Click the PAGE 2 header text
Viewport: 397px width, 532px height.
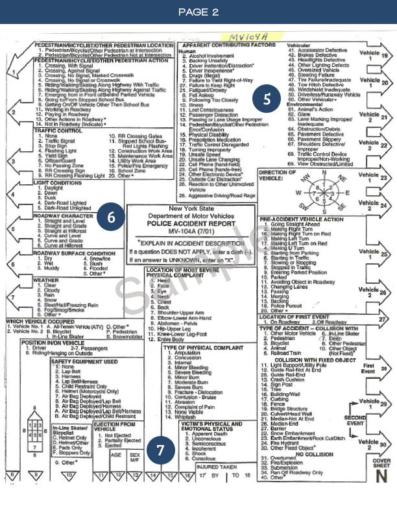point(198,12)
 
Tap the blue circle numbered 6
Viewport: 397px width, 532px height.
point(112,217)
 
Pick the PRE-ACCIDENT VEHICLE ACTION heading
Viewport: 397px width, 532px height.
point(302,219)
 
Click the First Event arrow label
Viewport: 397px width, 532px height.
point(368,368)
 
